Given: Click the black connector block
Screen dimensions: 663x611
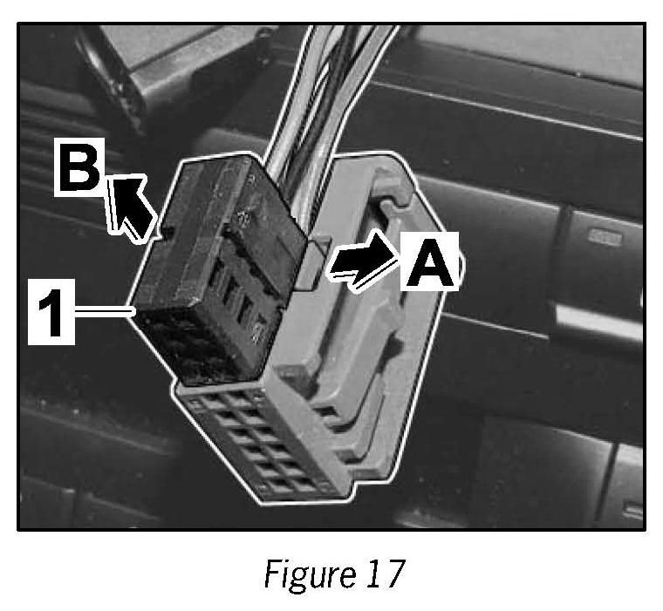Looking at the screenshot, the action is point(209,270).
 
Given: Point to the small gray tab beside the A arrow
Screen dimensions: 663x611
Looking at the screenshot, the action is point(310,261).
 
